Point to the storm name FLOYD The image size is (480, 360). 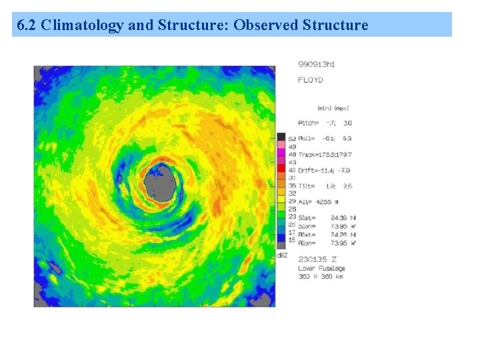310,80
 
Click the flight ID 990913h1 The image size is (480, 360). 316,65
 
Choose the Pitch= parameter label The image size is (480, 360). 308,123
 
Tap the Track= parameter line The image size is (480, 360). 325,154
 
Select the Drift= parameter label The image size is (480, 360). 307,169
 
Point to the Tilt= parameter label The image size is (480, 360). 306,185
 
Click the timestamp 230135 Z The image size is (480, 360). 317,259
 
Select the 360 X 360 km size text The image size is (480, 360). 322,275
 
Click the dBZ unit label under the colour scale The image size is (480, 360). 281,255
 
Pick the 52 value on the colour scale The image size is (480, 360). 292,138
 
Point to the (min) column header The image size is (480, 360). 325,108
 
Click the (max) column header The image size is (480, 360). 341,108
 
